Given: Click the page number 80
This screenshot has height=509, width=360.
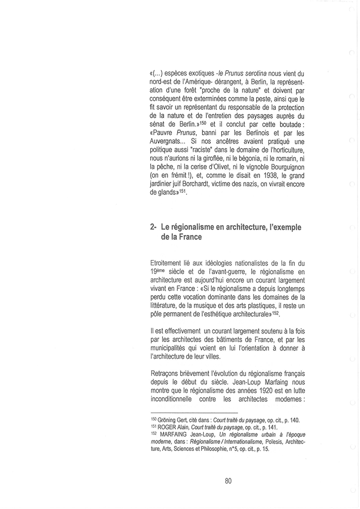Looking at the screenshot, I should click(x=228, y=481).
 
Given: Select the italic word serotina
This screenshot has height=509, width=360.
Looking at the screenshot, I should click(x=255, y=73).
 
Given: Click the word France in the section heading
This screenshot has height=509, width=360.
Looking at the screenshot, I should click(x=191, y=237).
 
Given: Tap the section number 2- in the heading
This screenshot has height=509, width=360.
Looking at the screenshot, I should click(x=154, y=226).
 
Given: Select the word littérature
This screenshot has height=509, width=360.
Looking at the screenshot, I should click(x=167, y=305).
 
